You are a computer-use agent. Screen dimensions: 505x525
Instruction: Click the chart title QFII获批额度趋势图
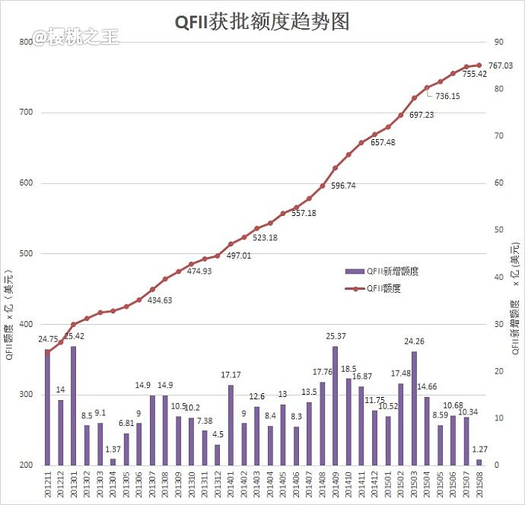(262, 21)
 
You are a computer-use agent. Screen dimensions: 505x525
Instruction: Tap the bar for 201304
(113, 462)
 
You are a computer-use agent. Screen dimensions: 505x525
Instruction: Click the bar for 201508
(479, 462)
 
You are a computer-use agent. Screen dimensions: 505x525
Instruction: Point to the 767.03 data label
(502, 65)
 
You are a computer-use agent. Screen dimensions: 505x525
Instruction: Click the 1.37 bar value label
(112, 449)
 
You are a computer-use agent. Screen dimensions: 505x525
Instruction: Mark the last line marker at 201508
(479, 65)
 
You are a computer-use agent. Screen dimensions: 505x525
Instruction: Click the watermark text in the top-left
(75, 37)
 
